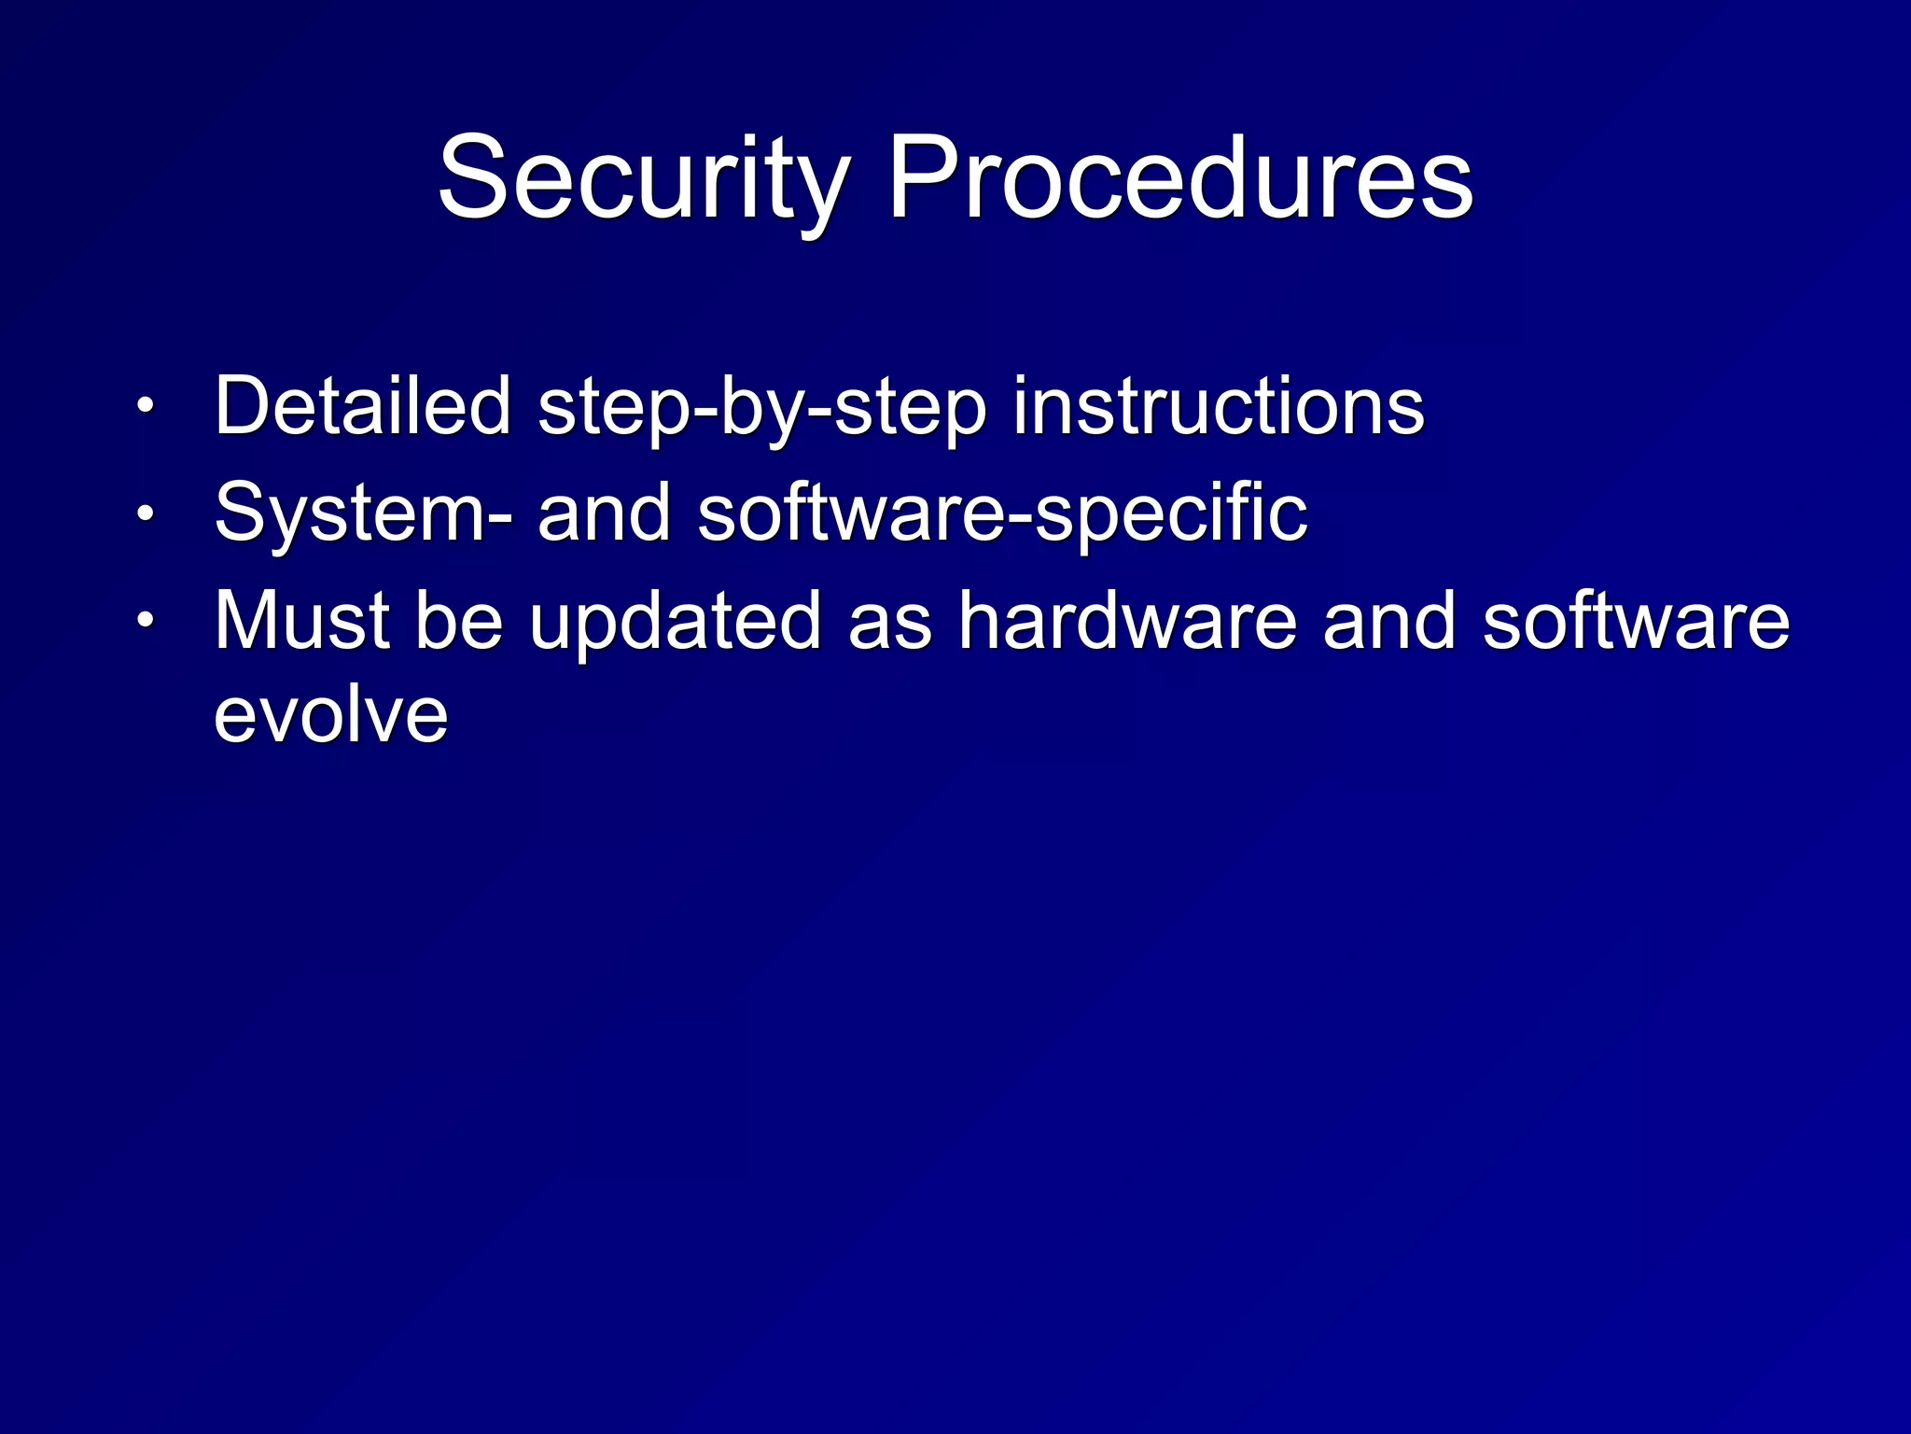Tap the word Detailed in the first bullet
[363, 406]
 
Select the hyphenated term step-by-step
[761, 408]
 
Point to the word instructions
[1218, 406]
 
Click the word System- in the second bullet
[363, 513]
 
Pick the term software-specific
[1002, 513]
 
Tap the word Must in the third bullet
[301, 621]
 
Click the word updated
[676, 623]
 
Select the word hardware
[1127, 621]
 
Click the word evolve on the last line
[331, 716]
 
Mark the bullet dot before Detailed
[146, 407]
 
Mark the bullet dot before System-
[146, 514]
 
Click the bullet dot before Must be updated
[146, 622]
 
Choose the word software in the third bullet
[1636, 621]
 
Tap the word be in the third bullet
[458, 621]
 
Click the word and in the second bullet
[604, 513]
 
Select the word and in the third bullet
[1389, 621]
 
